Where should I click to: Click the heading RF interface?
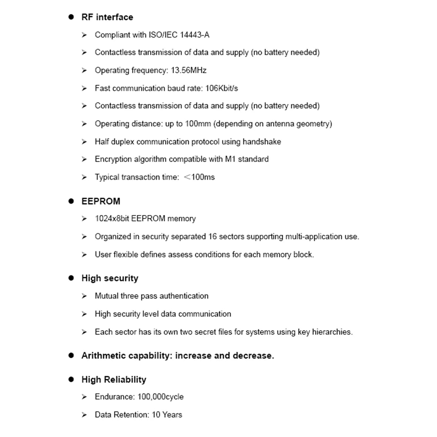107,17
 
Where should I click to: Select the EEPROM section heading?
101,201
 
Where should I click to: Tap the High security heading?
110,278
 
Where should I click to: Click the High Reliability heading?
114,380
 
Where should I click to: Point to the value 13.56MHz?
188,70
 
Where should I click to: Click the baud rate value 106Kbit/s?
221,88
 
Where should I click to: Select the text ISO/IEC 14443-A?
179,35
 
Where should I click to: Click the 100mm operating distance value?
198,124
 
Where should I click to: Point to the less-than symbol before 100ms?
187,177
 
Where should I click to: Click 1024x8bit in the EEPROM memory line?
112,219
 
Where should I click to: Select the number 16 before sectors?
212,236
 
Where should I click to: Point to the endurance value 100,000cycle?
160,397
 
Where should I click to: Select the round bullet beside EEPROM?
71,201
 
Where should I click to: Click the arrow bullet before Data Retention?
84,415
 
